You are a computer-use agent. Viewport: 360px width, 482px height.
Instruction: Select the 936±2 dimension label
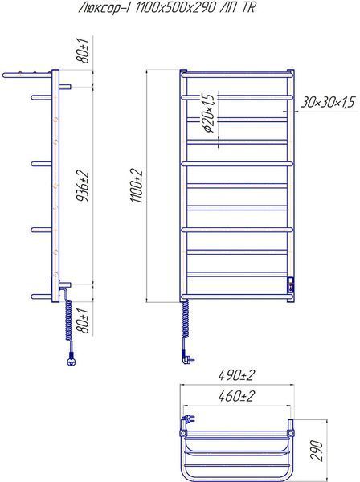pyautogui.click(x=83, y=185)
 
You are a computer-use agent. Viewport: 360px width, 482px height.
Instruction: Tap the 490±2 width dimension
pyautogui.click(x=237, y=375)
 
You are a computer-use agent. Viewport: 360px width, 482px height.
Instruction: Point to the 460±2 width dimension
pyautogui.click(x=237, y=396)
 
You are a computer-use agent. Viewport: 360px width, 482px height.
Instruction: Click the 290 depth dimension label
pyautogui.click(x=317, y=451)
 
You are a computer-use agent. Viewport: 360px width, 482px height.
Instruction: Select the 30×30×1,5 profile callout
pyautogui.click(x=328, y=102)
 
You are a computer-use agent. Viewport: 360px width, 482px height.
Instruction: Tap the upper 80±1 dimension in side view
pyautogui.click(x=83, y=51)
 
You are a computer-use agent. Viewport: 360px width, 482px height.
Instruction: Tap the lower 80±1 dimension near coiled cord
pyautogui.click(x=83, y=321)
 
